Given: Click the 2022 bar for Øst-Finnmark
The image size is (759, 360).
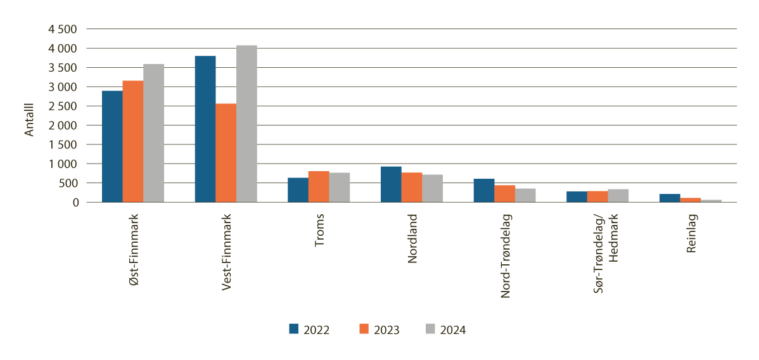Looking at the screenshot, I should [x=112, y=146].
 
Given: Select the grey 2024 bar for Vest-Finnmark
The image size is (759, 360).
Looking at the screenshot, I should [x=246, y=124].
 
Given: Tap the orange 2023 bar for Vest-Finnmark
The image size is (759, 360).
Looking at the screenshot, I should [x=226, y=153].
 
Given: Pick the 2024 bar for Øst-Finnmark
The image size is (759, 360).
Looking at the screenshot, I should [x=153, y=133].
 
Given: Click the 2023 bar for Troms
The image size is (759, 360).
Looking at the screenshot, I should [x=319, y=187].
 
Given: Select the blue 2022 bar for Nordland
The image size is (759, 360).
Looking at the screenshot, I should [x=391, y=184].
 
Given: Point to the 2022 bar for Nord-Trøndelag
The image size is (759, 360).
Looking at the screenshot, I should [x=484, y=191].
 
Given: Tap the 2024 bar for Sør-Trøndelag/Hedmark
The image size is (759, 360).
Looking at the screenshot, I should [x=618, y=196].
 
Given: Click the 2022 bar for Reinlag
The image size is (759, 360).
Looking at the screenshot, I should [x=670, y=198].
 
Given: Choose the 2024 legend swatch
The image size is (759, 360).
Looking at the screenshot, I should [x=430, y=329].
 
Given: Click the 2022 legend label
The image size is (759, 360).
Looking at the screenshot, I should [x=316, y=330].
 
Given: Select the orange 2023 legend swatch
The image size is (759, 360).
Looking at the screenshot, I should [x=364, y=329].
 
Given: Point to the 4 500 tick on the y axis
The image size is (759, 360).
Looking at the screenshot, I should [x=63, y=29].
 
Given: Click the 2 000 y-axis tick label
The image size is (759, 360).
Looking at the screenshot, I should [x=63, y=125].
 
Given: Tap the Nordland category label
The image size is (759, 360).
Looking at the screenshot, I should [x=412, y=240].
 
